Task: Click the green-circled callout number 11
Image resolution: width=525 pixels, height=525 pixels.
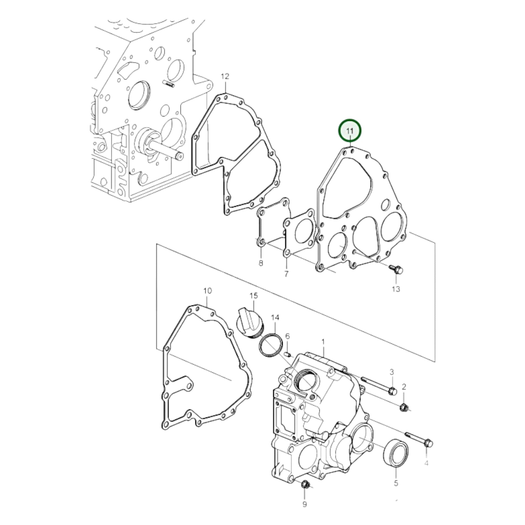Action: [x=350, y=131]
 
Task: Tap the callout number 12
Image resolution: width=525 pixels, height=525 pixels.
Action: [x=225, y=76]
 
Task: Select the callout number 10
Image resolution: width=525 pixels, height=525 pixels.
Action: [x=207, y=291]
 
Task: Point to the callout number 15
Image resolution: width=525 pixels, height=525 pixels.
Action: [x=254, y=296]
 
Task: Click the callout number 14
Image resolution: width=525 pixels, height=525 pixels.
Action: [x=275, y=317]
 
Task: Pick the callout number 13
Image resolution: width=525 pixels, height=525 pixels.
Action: [x=396, y=289]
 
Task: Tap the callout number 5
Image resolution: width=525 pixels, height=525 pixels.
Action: [x=396, y=483]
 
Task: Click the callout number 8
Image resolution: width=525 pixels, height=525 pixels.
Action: [x=261, y=263]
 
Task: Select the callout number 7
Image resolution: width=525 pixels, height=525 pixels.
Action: [x=286, y=274]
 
